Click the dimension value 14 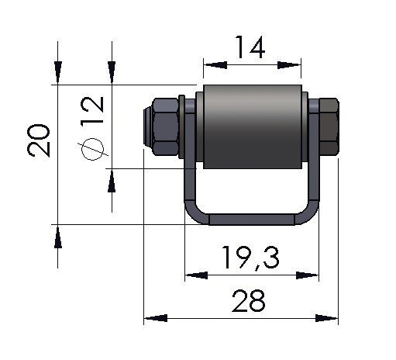[x=250, y=47]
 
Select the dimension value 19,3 [x=250, y=258]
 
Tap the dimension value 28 [x=248, y=301]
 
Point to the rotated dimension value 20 [x=39, y=140]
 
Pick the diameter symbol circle [x=93, y=149]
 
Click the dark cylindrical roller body [x=253, y=126]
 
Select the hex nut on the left [x=165, y=126]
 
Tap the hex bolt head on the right [x=329, y=126]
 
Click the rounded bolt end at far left [x=147, y=126]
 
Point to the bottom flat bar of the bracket [x=252, y=220]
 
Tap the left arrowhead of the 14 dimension [x=215, y=65]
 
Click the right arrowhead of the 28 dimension [x=326, y=318]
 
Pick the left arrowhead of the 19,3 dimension [x=196, y=275]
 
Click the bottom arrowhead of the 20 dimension [x=58, y=237]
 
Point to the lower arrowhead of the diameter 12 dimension [x=112, y=181]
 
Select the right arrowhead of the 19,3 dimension [x=308, y=275]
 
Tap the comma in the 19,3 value [x=257, y=266]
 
